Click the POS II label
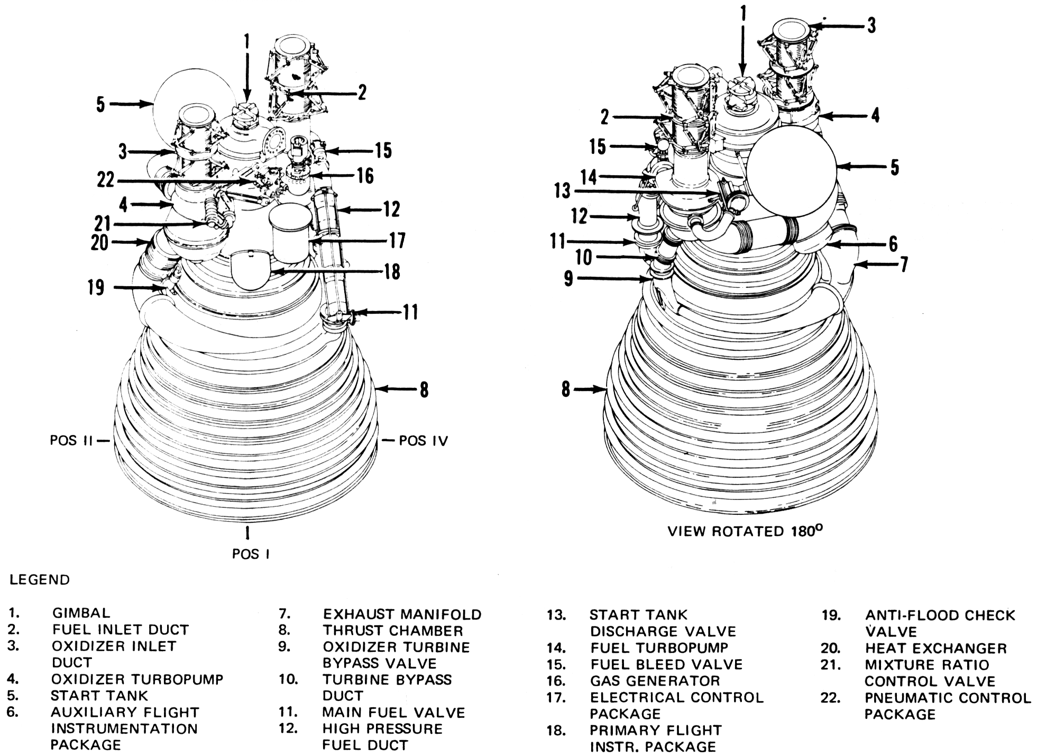(71, 441)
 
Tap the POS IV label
(423, 441)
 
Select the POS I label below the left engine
(251, 554)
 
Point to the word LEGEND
(40, 580)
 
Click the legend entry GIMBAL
(81, 613)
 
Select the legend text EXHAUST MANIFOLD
(402, 614)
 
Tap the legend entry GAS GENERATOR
(655, 681)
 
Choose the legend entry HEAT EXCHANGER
(935, 648)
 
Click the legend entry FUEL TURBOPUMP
(659, 648)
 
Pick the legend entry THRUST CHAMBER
(393, 631)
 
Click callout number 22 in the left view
(106, 180)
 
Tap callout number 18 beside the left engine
(391, 272)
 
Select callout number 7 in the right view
(904, 264)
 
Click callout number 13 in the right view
(562, 190)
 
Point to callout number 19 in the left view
(96, 288)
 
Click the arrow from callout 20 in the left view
(130, 243)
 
